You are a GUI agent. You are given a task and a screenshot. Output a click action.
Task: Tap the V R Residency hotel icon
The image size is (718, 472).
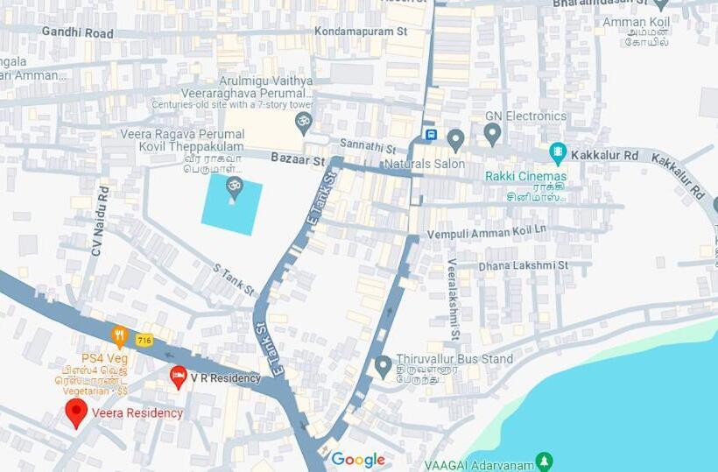179,377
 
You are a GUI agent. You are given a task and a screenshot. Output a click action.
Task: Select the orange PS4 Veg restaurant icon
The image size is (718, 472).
119,336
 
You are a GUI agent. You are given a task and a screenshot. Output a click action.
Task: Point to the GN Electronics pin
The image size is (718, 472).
492,134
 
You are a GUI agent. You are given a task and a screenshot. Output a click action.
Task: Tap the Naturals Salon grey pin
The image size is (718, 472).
455,139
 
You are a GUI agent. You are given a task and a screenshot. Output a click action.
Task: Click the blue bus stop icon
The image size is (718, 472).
430,134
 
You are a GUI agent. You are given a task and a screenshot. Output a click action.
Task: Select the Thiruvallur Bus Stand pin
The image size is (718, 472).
383,366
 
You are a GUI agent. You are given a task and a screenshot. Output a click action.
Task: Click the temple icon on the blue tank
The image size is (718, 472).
234,187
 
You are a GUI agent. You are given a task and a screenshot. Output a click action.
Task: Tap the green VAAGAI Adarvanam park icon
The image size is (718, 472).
544,461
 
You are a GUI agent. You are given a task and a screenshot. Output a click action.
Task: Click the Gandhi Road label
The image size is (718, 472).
77,32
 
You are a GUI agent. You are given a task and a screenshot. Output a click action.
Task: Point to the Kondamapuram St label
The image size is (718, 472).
361,32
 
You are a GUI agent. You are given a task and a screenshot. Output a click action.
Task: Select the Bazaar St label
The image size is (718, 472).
298,161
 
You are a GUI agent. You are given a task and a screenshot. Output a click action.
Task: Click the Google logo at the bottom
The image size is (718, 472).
357,460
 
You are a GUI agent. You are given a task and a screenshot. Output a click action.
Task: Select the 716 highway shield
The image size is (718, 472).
144,339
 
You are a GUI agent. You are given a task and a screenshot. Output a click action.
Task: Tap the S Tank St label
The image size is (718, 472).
234,278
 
